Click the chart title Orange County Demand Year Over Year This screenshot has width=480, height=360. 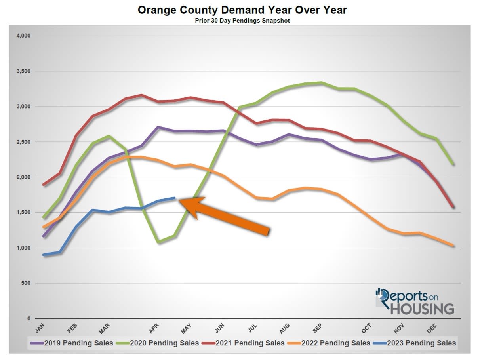tap(242, 10)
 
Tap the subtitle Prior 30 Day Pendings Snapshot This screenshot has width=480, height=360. tap(242, 21)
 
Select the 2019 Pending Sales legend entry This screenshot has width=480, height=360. tap(75, 343)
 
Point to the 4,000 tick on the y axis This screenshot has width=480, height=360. tap(23, 36)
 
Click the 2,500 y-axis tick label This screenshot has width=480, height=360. tap(23, 142)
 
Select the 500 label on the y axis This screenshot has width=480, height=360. tap(26, 283)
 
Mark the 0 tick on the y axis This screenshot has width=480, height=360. tap(29, 318)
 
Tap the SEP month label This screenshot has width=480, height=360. tap(317, 327)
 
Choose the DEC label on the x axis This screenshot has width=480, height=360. tap(432, 327)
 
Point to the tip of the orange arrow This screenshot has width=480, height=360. tap(180, 201)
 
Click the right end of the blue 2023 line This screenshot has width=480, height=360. tap(175, 198)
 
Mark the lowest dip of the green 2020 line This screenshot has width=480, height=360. tap(159, 242)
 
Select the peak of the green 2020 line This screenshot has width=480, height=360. tap(321, 83)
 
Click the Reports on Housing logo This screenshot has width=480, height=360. tap(415, 301)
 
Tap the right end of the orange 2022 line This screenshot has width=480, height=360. tap(452, 246)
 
